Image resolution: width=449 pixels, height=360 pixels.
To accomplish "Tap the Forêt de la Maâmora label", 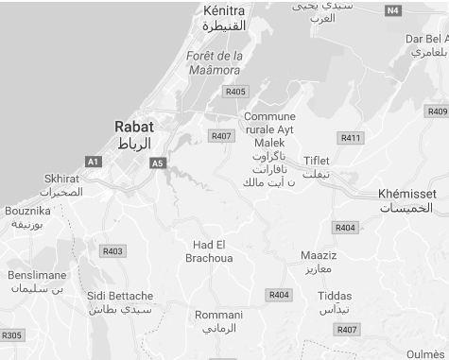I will pyautogui.click(x=215, y=62).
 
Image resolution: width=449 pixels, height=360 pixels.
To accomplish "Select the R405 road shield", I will pyautogui.click(x=235, y=92).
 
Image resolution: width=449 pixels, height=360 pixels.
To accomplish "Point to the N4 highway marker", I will pyautogui.click(x=394, y=10).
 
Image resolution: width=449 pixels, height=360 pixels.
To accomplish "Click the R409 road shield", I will pyautogui.click(x=437, y=111).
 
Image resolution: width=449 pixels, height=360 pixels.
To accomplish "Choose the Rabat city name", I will pyautogui.click(x=133, y=126).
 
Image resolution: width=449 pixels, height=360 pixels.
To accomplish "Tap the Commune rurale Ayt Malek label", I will pyautogui.click(x=269, y=129).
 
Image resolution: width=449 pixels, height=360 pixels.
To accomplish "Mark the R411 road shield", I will pyautogui.click(x=351, y=138).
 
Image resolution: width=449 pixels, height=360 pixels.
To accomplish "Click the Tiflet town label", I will pyautogui.click(x=317, y=160).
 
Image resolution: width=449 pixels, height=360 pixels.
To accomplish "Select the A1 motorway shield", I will pyautogui.click(x=93, y=162).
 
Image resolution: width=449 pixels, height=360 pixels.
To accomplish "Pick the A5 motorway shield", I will pyautogui.click(x=157, y=163).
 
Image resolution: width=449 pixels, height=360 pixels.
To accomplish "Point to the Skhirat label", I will pyautogui.click(x=62, y=179).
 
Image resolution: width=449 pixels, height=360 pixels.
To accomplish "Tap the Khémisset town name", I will pyautogui.click(x=406, y=194).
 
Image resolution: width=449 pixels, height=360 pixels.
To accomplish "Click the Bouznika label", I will pyautogui.click(x=27, y=211).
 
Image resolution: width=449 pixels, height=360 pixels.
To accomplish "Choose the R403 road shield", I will pyautogui.click(x=112, y=250).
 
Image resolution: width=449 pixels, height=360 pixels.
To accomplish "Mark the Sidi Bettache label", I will pyautogui.click(x=119, y=296).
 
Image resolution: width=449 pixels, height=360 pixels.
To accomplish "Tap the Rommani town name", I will pyautogui.click(x=218, y=315).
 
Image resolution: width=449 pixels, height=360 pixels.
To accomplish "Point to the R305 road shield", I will pyautogui.click(x=11, y=335).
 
